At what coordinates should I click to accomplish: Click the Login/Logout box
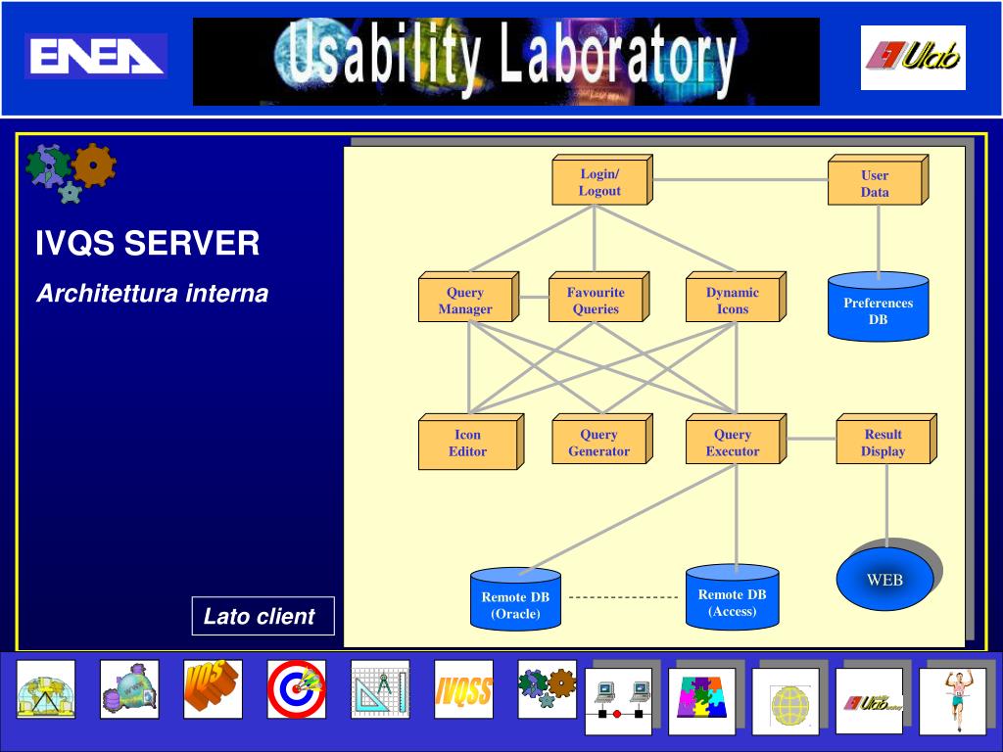598,183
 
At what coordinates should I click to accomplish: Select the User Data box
875,184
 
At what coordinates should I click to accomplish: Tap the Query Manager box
465,301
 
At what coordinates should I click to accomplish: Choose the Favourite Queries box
596,301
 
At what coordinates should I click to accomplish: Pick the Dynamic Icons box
732,301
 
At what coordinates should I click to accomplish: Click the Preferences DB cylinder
878,308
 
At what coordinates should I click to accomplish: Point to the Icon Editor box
467,444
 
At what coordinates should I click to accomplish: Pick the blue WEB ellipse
884,580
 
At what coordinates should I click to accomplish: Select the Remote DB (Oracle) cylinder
515,601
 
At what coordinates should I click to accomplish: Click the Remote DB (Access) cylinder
732,598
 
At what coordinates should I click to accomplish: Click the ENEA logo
95,56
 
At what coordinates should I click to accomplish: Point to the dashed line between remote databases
623,597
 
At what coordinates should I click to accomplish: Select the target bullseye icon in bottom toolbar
296,688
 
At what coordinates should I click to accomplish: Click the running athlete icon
952,701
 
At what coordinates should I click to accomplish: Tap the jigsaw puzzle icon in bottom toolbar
701,701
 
